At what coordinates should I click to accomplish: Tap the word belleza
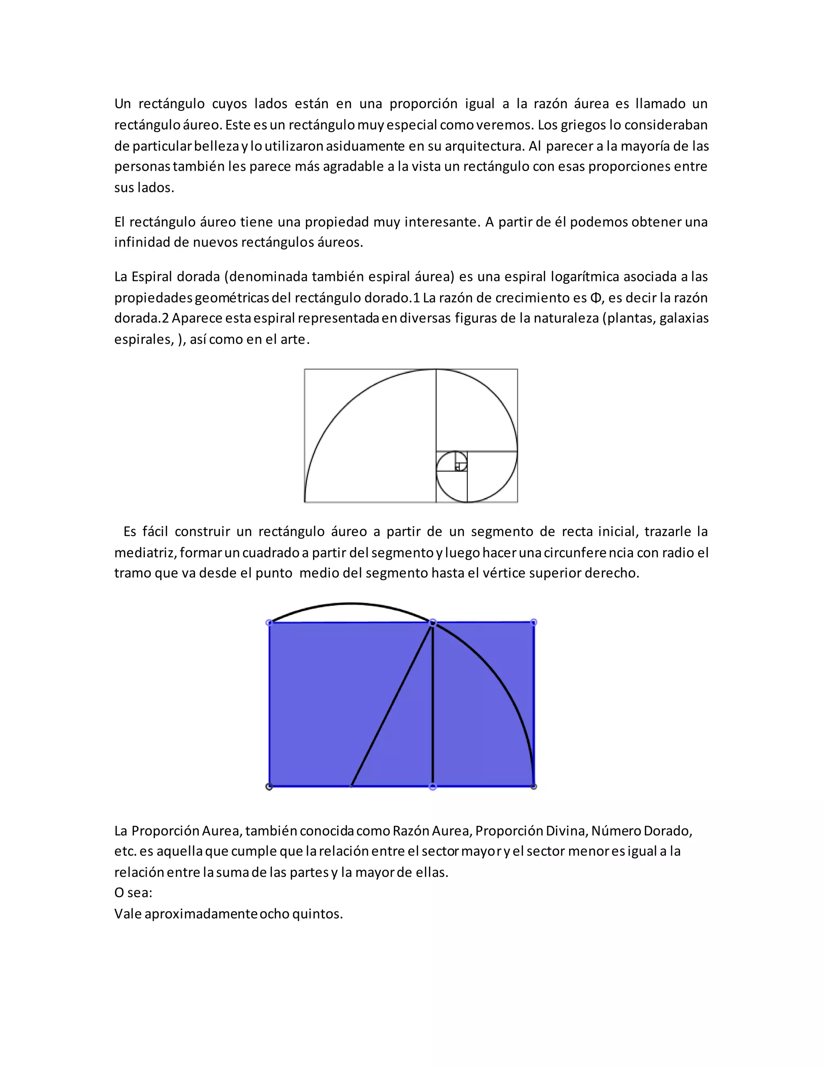coord(217,146)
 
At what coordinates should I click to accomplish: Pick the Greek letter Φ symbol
coord(595,298)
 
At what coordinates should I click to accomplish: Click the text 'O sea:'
coord(133,893)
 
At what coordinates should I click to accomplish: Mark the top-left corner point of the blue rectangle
coord(269,623)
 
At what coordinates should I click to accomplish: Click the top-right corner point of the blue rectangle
coord(534,622)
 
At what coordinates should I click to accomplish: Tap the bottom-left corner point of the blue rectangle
coord(269,787)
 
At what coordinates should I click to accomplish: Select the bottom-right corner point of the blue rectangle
coord(534,787)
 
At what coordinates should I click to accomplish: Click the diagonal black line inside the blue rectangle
coord(391,705)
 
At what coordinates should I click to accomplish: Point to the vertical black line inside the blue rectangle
coord(433,705)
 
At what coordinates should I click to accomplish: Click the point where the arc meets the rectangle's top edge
coord(433,623)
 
